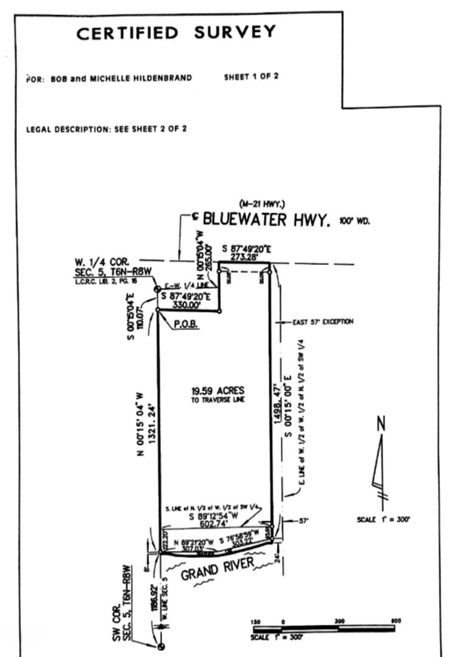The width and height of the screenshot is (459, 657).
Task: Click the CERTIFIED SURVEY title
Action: coord(176,32)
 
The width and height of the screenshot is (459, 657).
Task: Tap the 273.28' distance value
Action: coord(247,258)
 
